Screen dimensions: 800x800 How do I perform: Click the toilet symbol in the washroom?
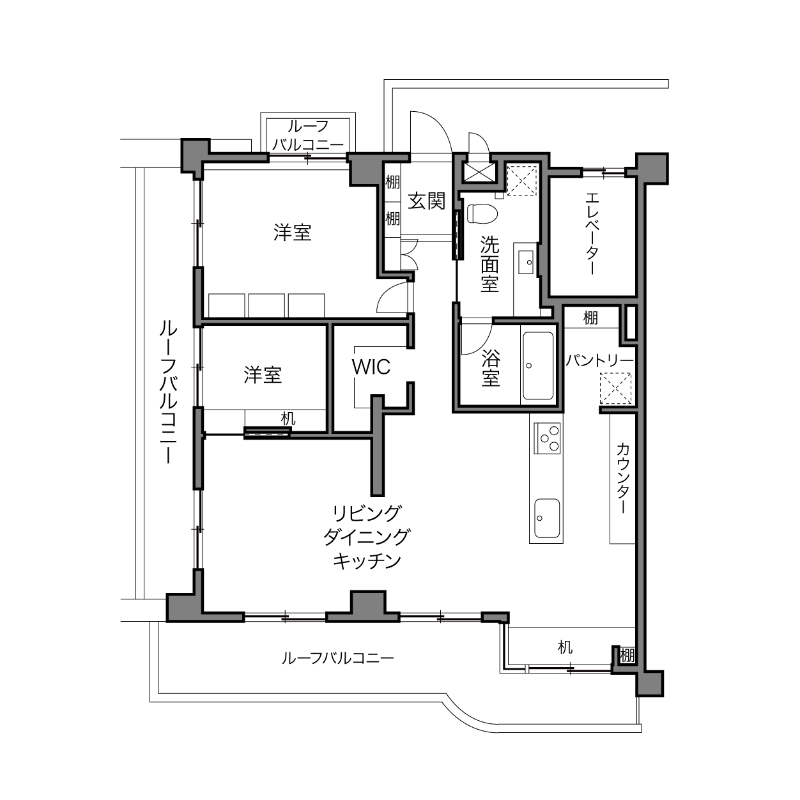coord(482,213)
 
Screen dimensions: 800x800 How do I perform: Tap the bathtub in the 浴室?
coord(538,365)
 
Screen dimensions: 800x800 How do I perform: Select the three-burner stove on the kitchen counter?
coord(547,438)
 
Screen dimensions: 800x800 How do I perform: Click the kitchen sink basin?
coord(547,518)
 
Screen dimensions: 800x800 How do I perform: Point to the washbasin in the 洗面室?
coord(527,261)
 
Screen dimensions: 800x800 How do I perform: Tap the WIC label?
coord(371,367)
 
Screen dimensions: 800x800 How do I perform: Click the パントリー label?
coord(600,360)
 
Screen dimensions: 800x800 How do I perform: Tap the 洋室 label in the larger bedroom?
coord(292,232)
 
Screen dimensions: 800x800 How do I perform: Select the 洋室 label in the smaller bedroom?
coord(263,374)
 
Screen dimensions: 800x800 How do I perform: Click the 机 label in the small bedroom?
coord(288,419)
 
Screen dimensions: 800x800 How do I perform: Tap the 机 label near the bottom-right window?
coord(565,647)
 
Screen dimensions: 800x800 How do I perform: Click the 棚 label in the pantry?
coord(590,318)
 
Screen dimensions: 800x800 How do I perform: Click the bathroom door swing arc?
coord(482,341)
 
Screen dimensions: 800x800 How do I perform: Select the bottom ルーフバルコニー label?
coord(337,658)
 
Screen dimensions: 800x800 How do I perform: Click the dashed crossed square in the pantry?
coord(616,388)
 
